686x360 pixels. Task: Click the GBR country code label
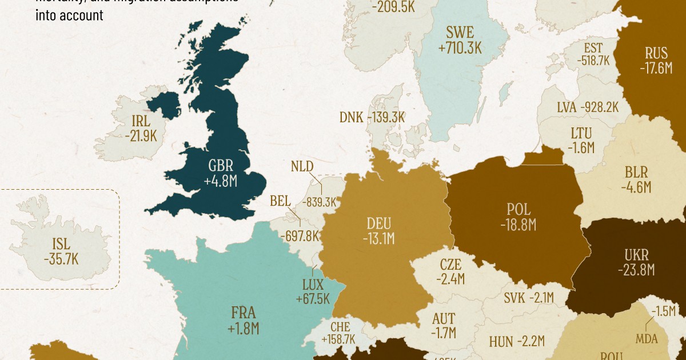tap(220, 166)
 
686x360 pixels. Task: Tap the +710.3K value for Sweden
tap(460, 48)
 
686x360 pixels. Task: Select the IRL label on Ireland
tap(141, 121)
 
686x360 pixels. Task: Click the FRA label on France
tap(243, 313)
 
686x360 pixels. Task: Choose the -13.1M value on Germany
tap(378, 239)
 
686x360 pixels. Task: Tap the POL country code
tap(518, 209)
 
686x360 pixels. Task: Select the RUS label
tap(656, 53)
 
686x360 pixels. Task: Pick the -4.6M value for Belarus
tap(636, 187)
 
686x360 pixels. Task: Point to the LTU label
tap(581, 133)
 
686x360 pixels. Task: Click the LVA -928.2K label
tap(588, 107)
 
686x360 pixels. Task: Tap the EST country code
tap(593, 48)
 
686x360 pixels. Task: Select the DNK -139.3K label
tap(372, 117)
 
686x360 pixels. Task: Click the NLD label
tap(302, 167)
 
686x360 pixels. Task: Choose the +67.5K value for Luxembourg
tap(313, 299)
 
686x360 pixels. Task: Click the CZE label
tap(450, 265)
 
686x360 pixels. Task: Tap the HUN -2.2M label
tap(517, 342)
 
